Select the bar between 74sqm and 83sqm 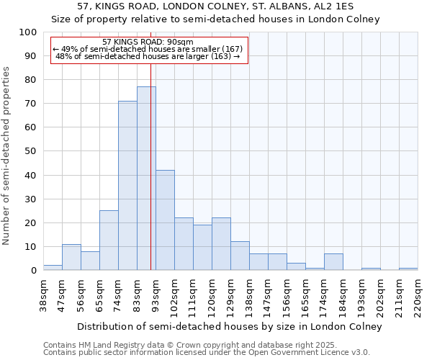[x=127, y=186]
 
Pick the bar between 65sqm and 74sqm [x=109, y=240]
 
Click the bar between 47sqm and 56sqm [x=71, y=257]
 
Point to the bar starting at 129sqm [x=240, y=256]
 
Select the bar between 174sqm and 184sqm [x=333, y=262]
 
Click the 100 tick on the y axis [x=28, y=32]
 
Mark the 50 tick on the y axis [x=31, y=151]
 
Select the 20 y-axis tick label [x=31, y=222]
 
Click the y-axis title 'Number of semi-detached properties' [x=7, y=156]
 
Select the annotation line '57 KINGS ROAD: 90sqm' [x=148, y=42]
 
